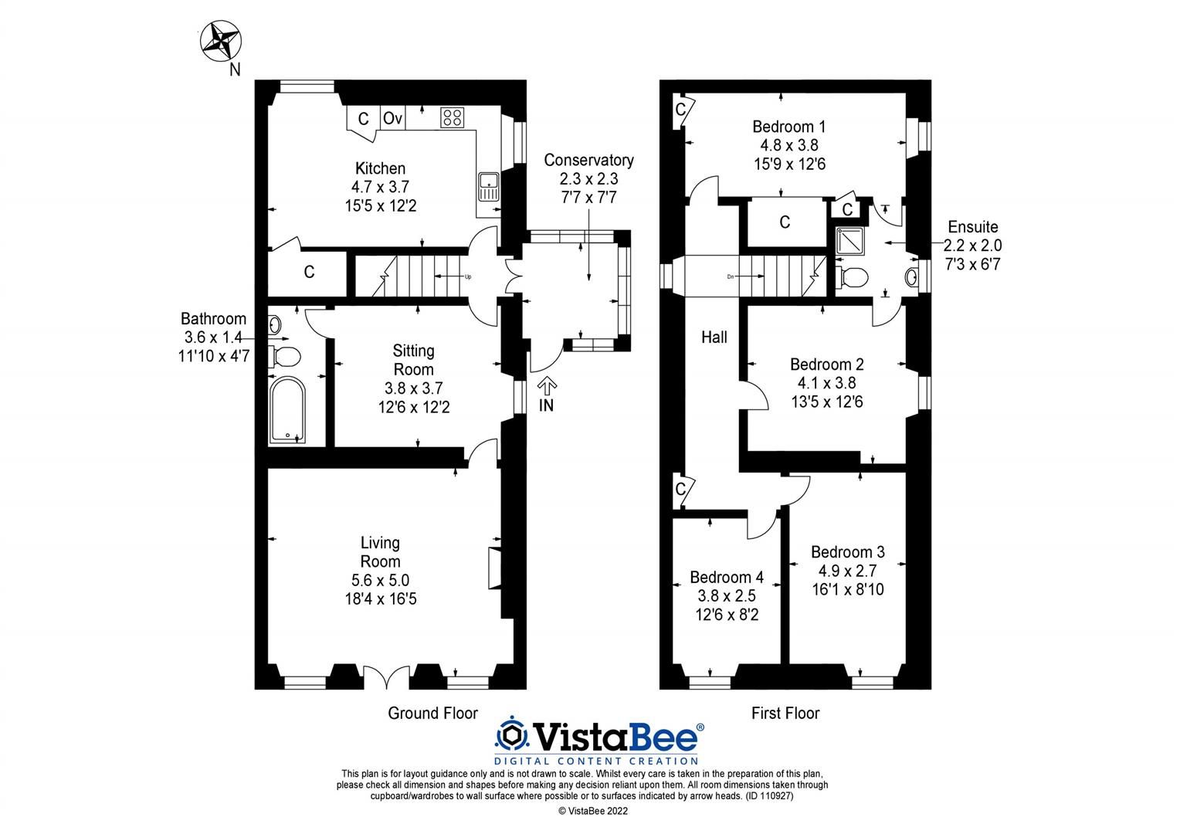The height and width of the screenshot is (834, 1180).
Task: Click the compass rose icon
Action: tap(221, 41)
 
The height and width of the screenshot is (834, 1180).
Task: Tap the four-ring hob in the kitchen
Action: tap(452, 117)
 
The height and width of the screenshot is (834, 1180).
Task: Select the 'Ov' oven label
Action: tap(392, 118)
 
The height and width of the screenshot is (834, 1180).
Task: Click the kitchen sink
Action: tap(489, 187)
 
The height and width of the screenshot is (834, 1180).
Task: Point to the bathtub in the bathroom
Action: tap(287, 410)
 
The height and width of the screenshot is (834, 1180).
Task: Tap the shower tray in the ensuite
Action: tap(849, 241)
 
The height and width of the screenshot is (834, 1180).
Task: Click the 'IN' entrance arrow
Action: tap(547, 386)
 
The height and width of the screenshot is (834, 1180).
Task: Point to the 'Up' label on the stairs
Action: tap(468, 276)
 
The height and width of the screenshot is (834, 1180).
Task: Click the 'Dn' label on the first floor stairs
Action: tap(730, 276)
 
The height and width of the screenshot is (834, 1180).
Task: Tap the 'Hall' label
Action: tap(714, 337)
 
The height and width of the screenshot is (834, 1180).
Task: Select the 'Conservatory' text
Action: tap(588, 160)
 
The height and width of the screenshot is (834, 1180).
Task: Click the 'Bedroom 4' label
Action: tap(727, 578)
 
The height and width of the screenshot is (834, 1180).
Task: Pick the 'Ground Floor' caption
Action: tap(432, 714)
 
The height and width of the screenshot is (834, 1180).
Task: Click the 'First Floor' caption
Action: tap(785, 714)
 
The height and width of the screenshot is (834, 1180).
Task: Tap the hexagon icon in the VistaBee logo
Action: tap(511, 734)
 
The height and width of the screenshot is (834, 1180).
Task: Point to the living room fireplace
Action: tap(494, 568)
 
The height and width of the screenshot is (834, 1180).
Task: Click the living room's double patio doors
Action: tap(386, 677)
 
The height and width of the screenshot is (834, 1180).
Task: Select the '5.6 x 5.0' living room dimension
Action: tap(381, 580)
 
